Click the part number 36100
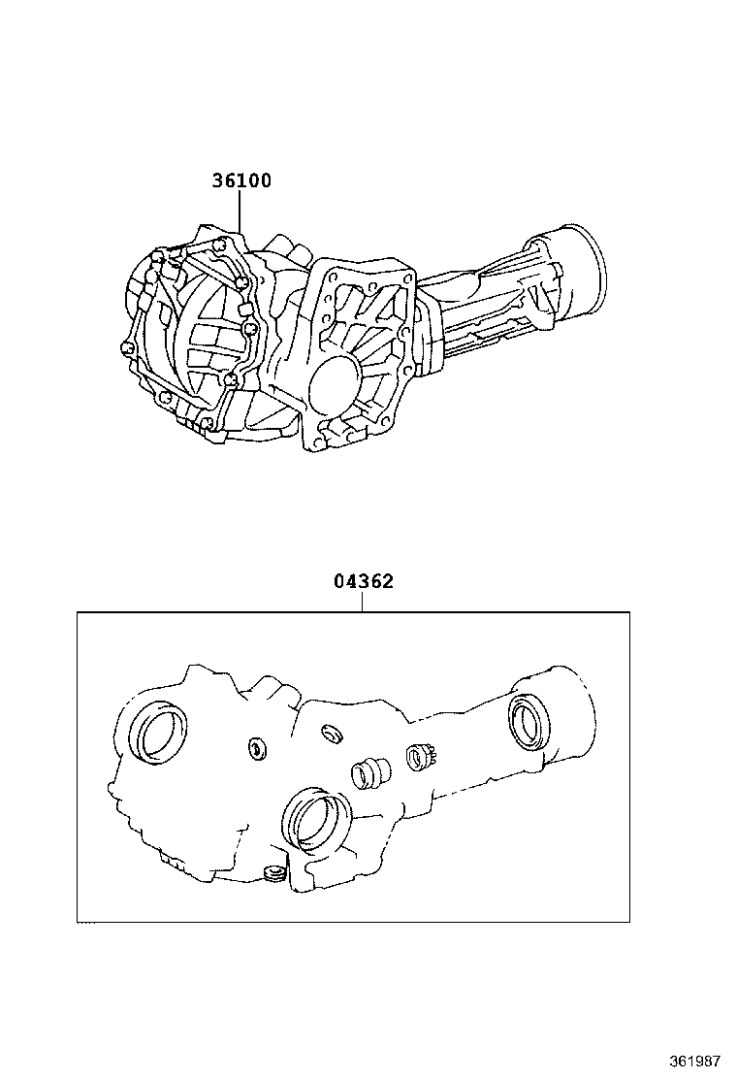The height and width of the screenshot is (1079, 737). [x=241, y=180]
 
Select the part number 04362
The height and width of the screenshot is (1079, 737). [x=363, y=582]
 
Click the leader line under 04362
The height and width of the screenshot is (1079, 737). [x=363, y=602]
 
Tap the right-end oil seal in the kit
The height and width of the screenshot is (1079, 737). [x=531, y=722]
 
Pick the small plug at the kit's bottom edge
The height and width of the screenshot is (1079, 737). [x=273, y=873]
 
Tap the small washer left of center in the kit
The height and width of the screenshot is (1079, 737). [x=258, y=748]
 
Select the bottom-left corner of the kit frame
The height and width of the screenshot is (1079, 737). [x=78, y=921]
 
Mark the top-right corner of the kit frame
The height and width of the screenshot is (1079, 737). [x=629, y=612]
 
